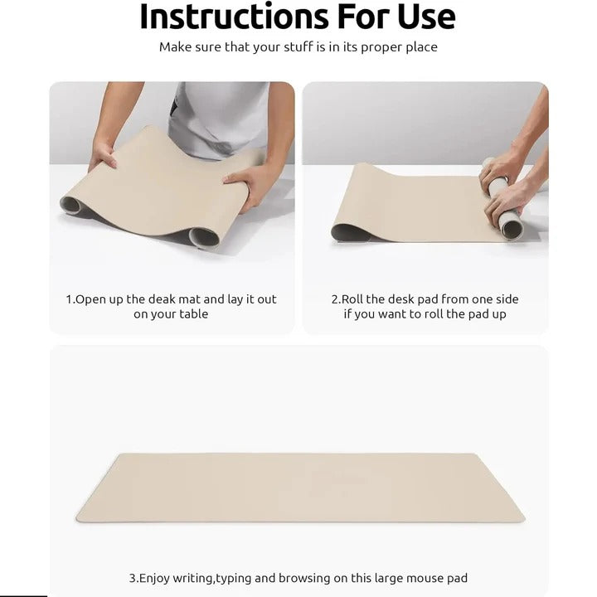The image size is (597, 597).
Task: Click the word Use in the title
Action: pos(421,17)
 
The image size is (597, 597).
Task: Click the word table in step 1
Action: pos(192,314)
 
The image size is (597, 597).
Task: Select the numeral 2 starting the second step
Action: pos(335,299)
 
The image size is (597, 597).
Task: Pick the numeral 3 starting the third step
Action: pos(131,578)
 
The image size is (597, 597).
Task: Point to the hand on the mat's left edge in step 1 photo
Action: pos(103,154)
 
